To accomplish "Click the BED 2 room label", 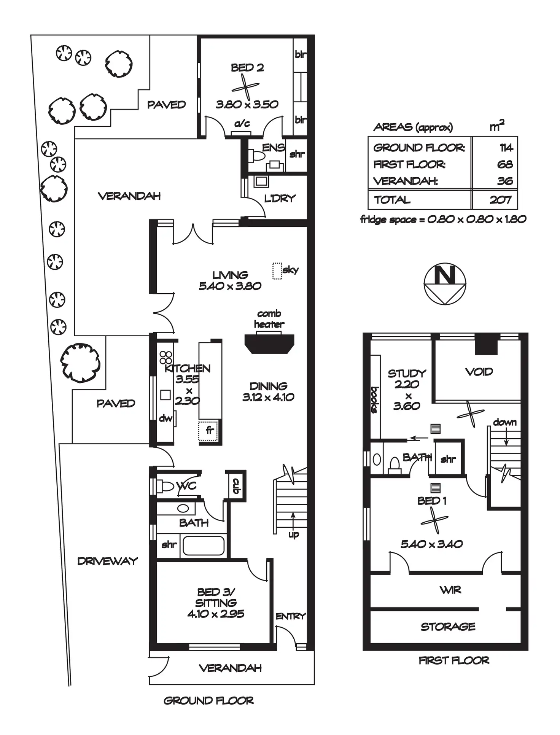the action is click(x=247, y=68).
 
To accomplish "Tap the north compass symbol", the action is click(x=445, y=284).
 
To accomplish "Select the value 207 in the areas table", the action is click(x=500, y=200).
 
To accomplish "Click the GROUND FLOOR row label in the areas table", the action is click(x=419, y=148).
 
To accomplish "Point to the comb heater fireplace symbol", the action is click(x=269, y=343).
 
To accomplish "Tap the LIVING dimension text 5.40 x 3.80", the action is click(x=230, y=286).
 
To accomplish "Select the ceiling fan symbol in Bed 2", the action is click(x=246, y=87).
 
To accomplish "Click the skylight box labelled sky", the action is click(x=277, y=271).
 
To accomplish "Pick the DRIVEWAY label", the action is click(x=107, y=561).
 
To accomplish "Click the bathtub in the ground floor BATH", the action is click(x=204, y=546).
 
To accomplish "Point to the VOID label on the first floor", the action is click(x=479, y=372).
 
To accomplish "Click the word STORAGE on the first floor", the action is click(x=448, y=627).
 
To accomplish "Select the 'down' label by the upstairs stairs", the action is click(x=505, y=422).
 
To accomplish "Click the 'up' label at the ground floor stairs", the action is click(x=294, y=535).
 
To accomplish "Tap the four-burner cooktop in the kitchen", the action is click(x=166, y=358).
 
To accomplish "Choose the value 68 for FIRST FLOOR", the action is click(x=505, y=164).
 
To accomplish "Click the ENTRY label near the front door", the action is click(x=291, y=616).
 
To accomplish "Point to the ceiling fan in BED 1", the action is click(x=434, y=520).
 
